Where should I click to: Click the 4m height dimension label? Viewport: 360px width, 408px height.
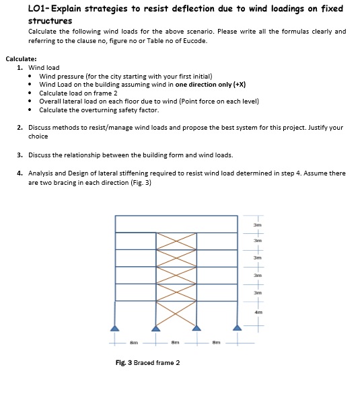tap(257, 312)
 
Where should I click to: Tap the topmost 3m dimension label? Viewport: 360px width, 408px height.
tap(257, 224)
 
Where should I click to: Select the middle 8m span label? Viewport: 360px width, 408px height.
tap(175, 343)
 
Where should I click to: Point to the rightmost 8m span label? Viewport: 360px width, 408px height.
tap(215, 343)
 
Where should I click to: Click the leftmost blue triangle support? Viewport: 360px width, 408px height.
tap(116, 328)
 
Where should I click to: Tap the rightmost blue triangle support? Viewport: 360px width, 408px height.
tap(237, 328)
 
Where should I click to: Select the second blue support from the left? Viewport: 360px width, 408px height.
tap(156, 328)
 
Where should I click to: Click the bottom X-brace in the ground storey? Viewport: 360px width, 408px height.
tap(176, 313)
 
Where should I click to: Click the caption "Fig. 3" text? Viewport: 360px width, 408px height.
tap(125, 363)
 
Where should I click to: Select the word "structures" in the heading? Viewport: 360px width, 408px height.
tap(50, 21)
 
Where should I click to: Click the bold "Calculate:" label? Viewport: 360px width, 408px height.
tap(21, 59)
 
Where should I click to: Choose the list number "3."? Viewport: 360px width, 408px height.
tap(20, 155)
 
